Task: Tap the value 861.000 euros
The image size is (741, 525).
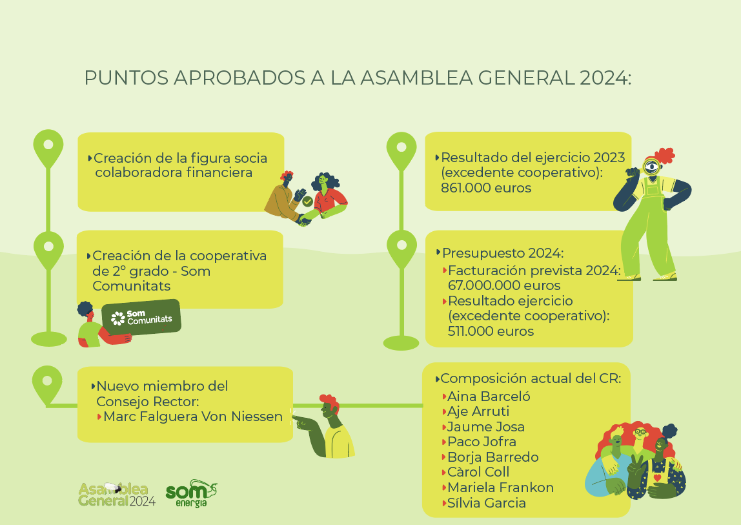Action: click(x=486, y=188)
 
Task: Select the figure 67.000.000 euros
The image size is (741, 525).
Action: click(x=504, y=285)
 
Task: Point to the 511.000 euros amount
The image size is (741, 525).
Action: click(x=491, y=331)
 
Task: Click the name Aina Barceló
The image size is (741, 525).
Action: click(x=489, y=396)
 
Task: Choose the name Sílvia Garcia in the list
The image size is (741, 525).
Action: click(x=487, y=503)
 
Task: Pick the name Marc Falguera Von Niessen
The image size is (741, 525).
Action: click(x=193, y=417)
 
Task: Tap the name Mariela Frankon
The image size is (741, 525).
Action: click(x=500, y=487)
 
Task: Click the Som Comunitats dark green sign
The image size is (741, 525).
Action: click(x=141, y=317)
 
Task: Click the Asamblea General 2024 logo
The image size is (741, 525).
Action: click(x=117, y=495)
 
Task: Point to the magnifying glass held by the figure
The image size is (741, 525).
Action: click(x=652, y=166)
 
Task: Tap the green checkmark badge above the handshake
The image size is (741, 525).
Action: click(x=308, y=201)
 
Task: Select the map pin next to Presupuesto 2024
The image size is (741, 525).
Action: click(x=401, y=249)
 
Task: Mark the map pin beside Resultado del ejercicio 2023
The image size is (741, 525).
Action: click(x=401, y=151)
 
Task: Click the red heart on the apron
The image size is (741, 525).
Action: click(x=657, y=478)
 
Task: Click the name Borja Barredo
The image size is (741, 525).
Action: click(x=493, y=457)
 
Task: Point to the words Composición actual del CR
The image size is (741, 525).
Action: click(x=531, y=378)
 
